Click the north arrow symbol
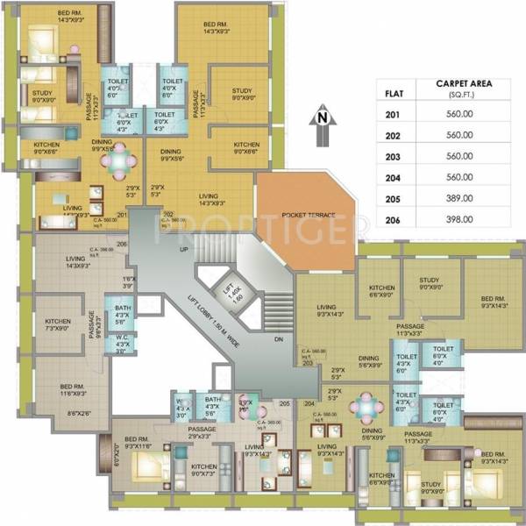(322, 126)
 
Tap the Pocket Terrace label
(306, 215)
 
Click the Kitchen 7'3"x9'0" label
(58, 325)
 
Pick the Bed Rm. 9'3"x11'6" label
(138, 443)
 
